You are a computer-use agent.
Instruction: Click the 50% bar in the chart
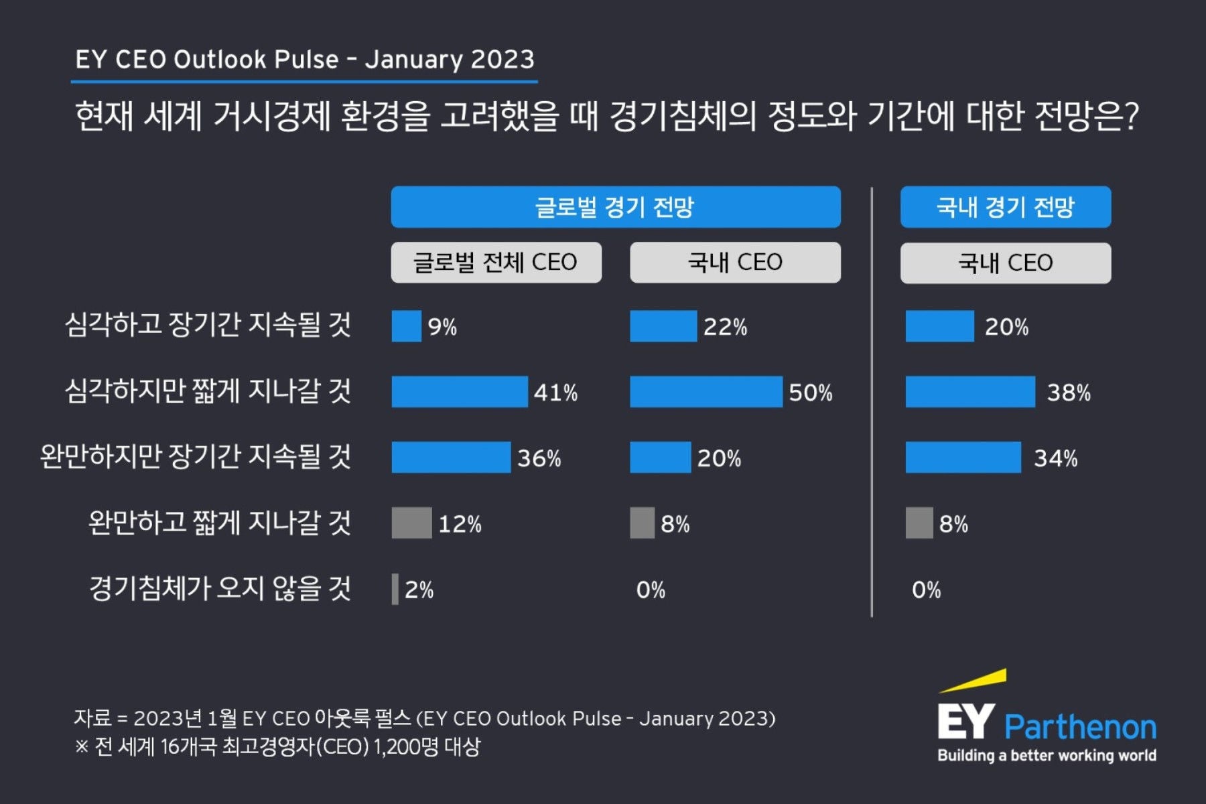[x=706, y=392]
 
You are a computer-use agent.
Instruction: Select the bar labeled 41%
[x=460, y=392]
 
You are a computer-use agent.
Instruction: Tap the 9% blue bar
[x=406, y=326]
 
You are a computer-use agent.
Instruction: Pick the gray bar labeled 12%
[x=411, y=523]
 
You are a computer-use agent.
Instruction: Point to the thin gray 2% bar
[x=395, y=590]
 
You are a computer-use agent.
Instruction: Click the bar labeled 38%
[x=969, y=392]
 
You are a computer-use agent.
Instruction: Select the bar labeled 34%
[x=963, y=458]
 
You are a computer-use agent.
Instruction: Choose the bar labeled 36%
[x=451, y=458]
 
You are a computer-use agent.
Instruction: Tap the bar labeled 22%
[x=663, y=326]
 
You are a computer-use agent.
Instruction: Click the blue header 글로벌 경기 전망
[x=615, y=207]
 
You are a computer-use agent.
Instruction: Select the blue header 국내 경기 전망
[x=1005, y=207]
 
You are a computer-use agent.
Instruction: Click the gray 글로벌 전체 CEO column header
[x=496, y=262]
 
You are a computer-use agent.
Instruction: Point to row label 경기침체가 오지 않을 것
[x=220, y=589]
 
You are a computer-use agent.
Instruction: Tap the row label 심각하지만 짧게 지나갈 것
[x=208, y=391]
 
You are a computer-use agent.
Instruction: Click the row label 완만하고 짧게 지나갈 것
[x=220, y=523]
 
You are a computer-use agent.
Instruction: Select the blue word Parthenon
[x=1080, y=727]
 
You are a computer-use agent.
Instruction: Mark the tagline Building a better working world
[x=1047, y=756]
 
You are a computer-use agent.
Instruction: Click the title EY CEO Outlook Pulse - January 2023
[x=304, y=60]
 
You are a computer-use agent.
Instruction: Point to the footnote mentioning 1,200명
[x=278, y=746]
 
